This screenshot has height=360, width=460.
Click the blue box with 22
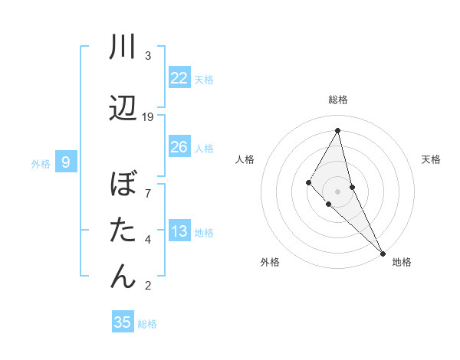click(x=179, y=78)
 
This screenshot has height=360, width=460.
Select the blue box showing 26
click(x=179, y=147)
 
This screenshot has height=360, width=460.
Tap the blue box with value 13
click(x=179, y=231)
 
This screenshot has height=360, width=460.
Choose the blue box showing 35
click(x=123, y=322)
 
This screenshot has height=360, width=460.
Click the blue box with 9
click(x=66, y=162)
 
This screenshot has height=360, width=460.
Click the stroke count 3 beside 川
click(x=148, y=56)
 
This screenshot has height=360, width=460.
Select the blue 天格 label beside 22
click(x=204, y=79)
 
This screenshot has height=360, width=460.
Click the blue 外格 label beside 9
click(x=41, y=163)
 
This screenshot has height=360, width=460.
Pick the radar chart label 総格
click(x=338, y=100)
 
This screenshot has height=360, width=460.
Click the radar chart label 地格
click(x=402, y=262)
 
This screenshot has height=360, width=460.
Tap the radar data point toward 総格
click(x=337, y=130)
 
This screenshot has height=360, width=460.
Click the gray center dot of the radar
click(x=337, y=191)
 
